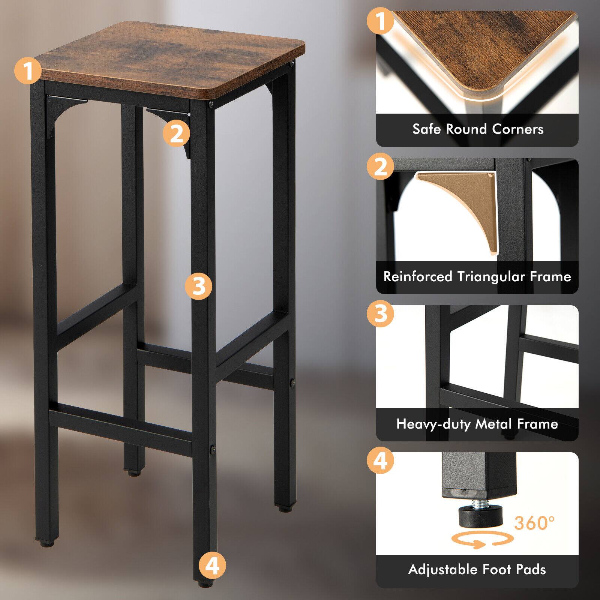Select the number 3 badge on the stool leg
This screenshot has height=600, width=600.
coord(198,286)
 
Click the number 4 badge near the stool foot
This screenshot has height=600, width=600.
coord(212,565)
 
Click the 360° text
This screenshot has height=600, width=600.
coord(534,522)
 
